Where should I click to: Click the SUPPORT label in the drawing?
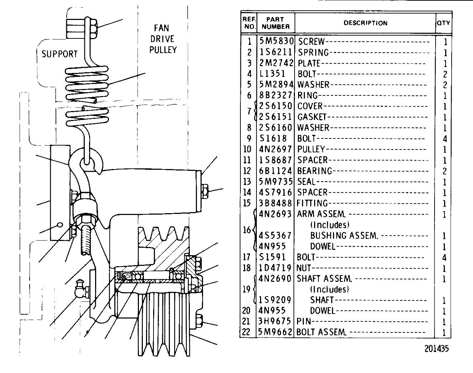coord(59,54)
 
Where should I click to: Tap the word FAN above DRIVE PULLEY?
coord(162,28)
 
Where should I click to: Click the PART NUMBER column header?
coord(275,23)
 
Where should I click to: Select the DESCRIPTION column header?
coord(365,23)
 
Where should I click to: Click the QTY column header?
coord(443,23)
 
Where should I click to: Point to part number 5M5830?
coord(276,41)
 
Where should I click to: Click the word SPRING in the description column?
coord(313,53)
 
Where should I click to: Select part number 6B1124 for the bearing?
coord(275,171)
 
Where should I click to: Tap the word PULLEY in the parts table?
coord(311,149)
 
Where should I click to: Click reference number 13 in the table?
coord(247,182)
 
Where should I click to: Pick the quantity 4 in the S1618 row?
coord(445,138)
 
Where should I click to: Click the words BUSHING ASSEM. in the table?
coord(344,236)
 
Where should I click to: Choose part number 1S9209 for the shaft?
coord(275,300)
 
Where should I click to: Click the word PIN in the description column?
coord(304,321)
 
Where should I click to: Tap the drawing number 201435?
coord(437,348)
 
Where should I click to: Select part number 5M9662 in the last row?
coord(275,332)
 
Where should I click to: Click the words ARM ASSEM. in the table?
coord(321,214)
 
